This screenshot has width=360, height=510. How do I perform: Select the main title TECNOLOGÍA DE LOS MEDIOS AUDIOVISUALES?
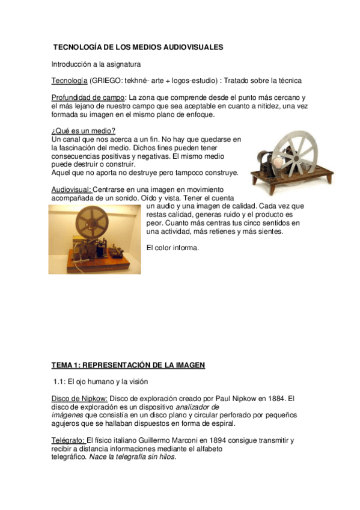[138, 46]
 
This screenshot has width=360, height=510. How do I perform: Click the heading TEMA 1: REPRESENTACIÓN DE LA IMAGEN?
[128, 364]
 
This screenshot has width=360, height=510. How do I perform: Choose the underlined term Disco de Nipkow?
[79, 398]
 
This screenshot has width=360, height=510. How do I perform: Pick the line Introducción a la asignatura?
[96, 63]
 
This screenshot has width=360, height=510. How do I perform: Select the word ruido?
[230, 214]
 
